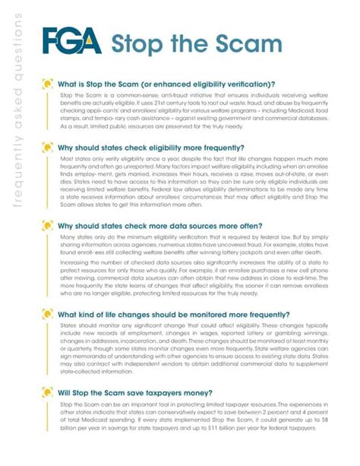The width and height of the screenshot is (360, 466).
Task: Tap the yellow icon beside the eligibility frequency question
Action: pos(48,149)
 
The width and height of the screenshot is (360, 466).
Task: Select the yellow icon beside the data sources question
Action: pos(48,226)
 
